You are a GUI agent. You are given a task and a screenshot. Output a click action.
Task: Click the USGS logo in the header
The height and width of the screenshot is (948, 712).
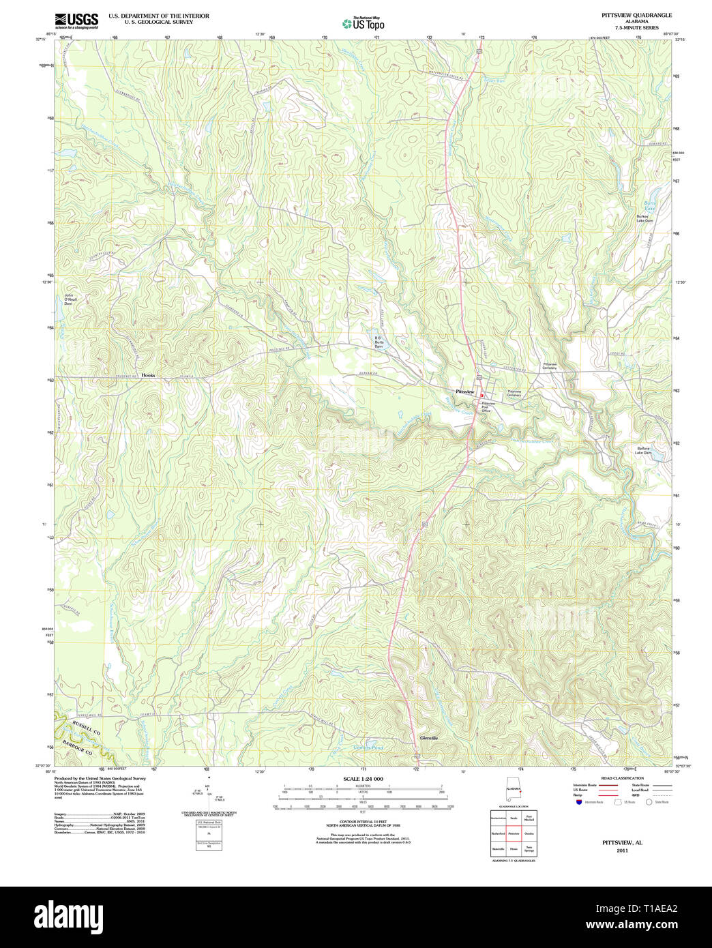(76, 20)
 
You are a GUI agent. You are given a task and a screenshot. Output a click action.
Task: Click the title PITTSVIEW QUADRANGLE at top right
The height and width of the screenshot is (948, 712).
(636, 15)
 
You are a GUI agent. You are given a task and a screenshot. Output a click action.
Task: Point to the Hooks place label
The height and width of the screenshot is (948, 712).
(148, 375)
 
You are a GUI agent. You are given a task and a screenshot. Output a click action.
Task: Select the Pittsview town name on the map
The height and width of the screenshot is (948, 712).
(464, 391)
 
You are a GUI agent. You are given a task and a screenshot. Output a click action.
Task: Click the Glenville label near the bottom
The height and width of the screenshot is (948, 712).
(429, 738)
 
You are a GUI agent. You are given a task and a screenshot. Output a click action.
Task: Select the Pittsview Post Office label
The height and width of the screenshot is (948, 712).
(488, 407)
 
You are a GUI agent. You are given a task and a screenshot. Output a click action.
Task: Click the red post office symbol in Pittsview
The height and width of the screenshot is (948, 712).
(481, 396)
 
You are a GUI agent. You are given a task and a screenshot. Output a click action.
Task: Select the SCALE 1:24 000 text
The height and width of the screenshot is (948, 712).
(363, 779)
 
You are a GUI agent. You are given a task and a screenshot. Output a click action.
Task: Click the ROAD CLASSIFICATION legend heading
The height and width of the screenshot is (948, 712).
(622, 778)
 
